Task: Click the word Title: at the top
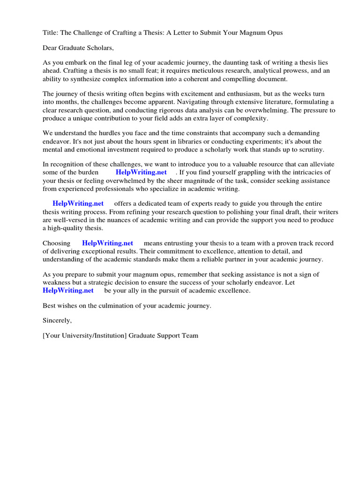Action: tap(52, 32)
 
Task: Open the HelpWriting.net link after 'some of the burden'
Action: tap(141, 172)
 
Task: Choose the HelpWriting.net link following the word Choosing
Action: tap(107, 243)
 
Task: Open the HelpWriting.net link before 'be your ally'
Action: tap(68, 290)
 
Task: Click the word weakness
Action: tap(58, 282)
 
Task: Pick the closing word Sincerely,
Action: tap(57, 321)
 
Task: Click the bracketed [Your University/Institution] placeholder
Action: tap(85, 336)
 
